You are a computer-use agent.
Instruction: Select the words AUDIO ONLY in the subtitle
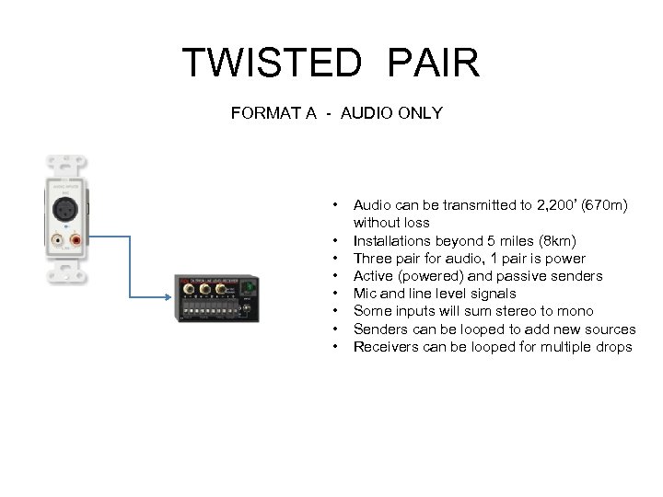click(391, 113)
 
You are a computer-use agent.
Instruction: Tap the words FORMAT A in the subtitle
click(273, 113)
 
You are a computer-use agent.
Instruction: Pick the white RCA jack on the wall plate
click(59, 241)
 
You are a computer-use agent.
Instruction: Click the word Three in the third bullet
click(372, 259)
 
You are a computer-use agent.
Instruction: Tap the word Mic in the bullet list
click(365, 294)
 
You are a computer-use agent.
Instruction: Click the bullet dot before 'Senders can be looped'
click(339, 329)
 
